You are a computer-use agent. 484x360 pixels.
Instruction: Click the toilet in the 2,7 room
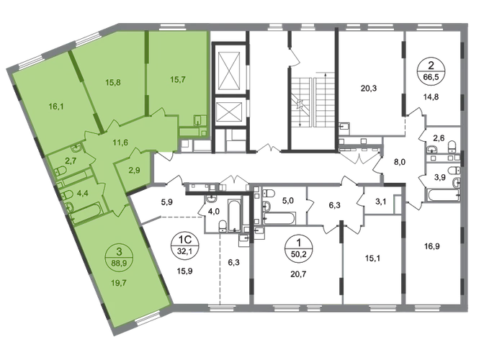click(x=61, y=171)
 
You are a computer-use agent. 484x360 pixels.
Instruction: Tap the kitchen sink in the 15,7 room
click(x=201, y=122)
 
